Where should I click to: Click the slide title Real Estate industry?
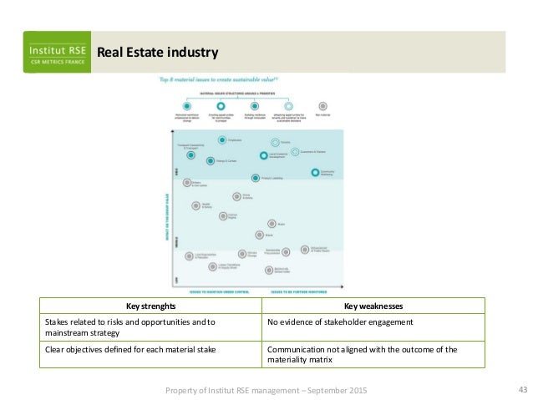pyautogui.click(x=158, y=53)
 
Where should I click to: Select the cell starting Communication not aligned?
pyautogui.click(x=361, y=354)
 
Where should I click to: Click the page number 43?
pyautogui.click(x=524, y=390)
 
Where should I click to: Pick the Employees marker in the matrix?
pyautogui.click(x=222, y=140)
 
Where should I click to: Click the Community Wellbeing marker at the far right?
pyautogui.click(x=315, y=173)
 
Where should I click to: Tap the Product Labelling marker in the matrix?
pyautogui.click(x=255, y=178)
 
